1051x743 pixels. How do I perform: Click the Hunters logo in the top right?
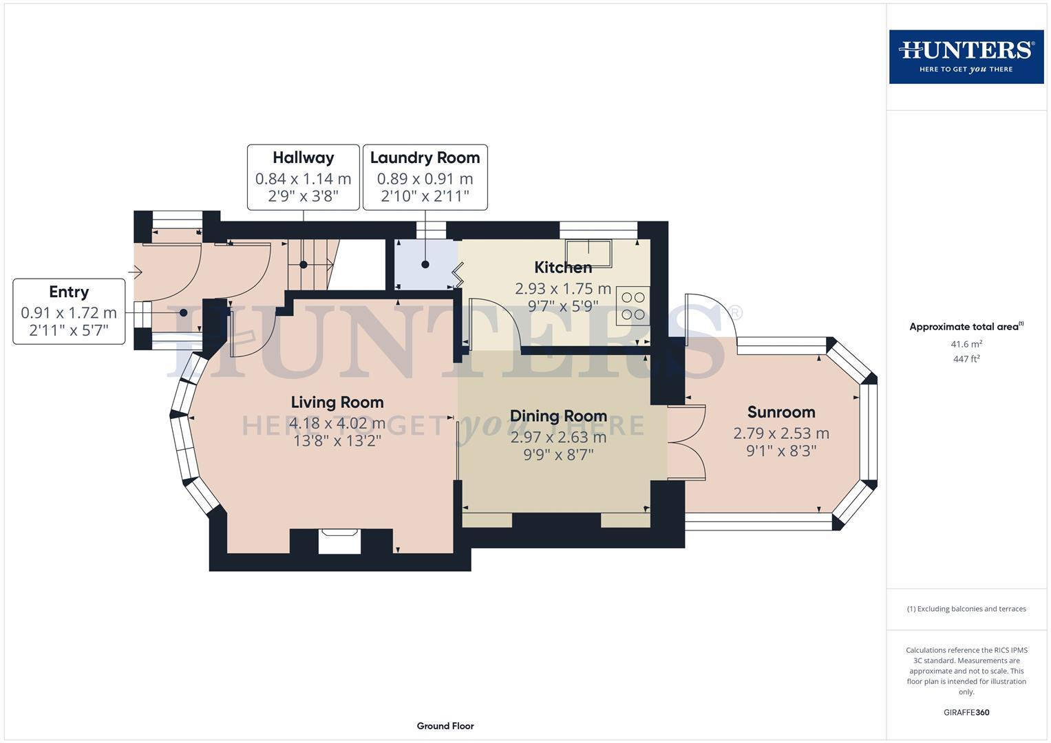pos(966,56)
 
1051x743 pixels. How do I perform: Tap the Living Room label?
pos(337,402)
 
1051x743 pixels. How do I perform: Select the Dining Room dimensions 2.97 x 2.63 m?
pos(558,437)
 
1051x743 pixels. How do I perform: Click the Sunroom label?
pos(781,412)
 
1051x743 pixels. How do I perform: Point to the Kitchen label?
pos(563,268)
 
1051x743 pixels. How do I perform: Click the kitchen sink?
pos(588,252)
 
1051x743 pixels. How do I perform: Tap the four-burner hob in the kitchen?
pos(633,305)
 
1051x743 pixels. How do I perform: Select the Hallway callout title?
pos(303,158)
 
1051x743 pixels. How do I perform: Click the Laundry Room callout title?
pos(425,158)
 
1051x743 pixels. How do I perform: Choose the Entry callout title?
pos(69,292)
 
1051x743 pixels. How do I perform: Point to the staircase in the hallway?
pos(313,264)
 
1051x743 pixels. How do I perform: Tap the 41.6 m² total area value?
pos(966,344)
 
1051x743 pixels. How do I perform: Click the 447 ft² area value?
pos(966,359)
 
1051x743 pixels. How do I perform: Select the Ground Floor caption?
pos(445,726)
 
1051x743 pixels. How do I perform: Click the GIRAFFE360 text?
pos(966,713)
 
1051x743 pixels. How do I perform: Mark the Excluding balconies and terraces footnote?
pos(966,609)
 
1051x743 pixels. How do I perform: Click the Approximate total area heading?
pos(966,327)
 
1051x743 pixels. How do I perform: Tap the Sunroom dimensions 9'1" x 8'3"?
pos(781,451)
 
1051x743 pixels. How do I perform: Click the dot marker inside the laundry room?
pos(425,264)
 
